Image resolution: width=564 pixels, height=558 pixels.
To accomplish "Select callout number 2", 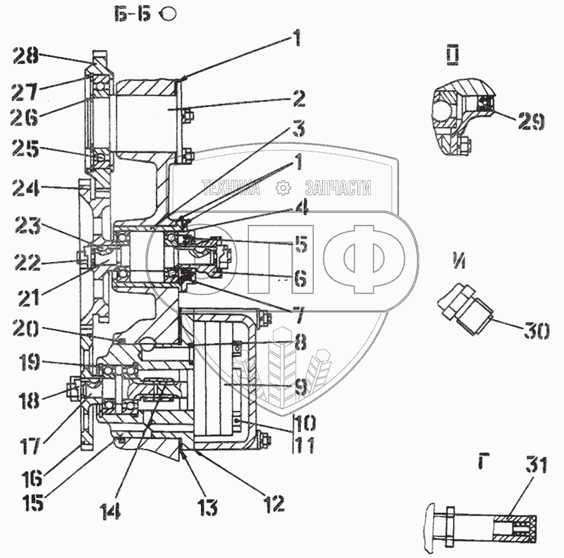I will coord(299,97).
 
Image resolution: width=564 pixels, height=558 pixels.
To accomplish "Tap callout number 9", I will coord(300,386).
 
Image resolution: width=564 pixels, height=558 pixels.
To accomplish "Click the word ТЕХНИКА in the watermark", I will coord(230,188).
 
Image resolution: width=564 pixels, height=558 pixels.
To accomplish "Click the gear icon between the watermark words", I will coord(283,188).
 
